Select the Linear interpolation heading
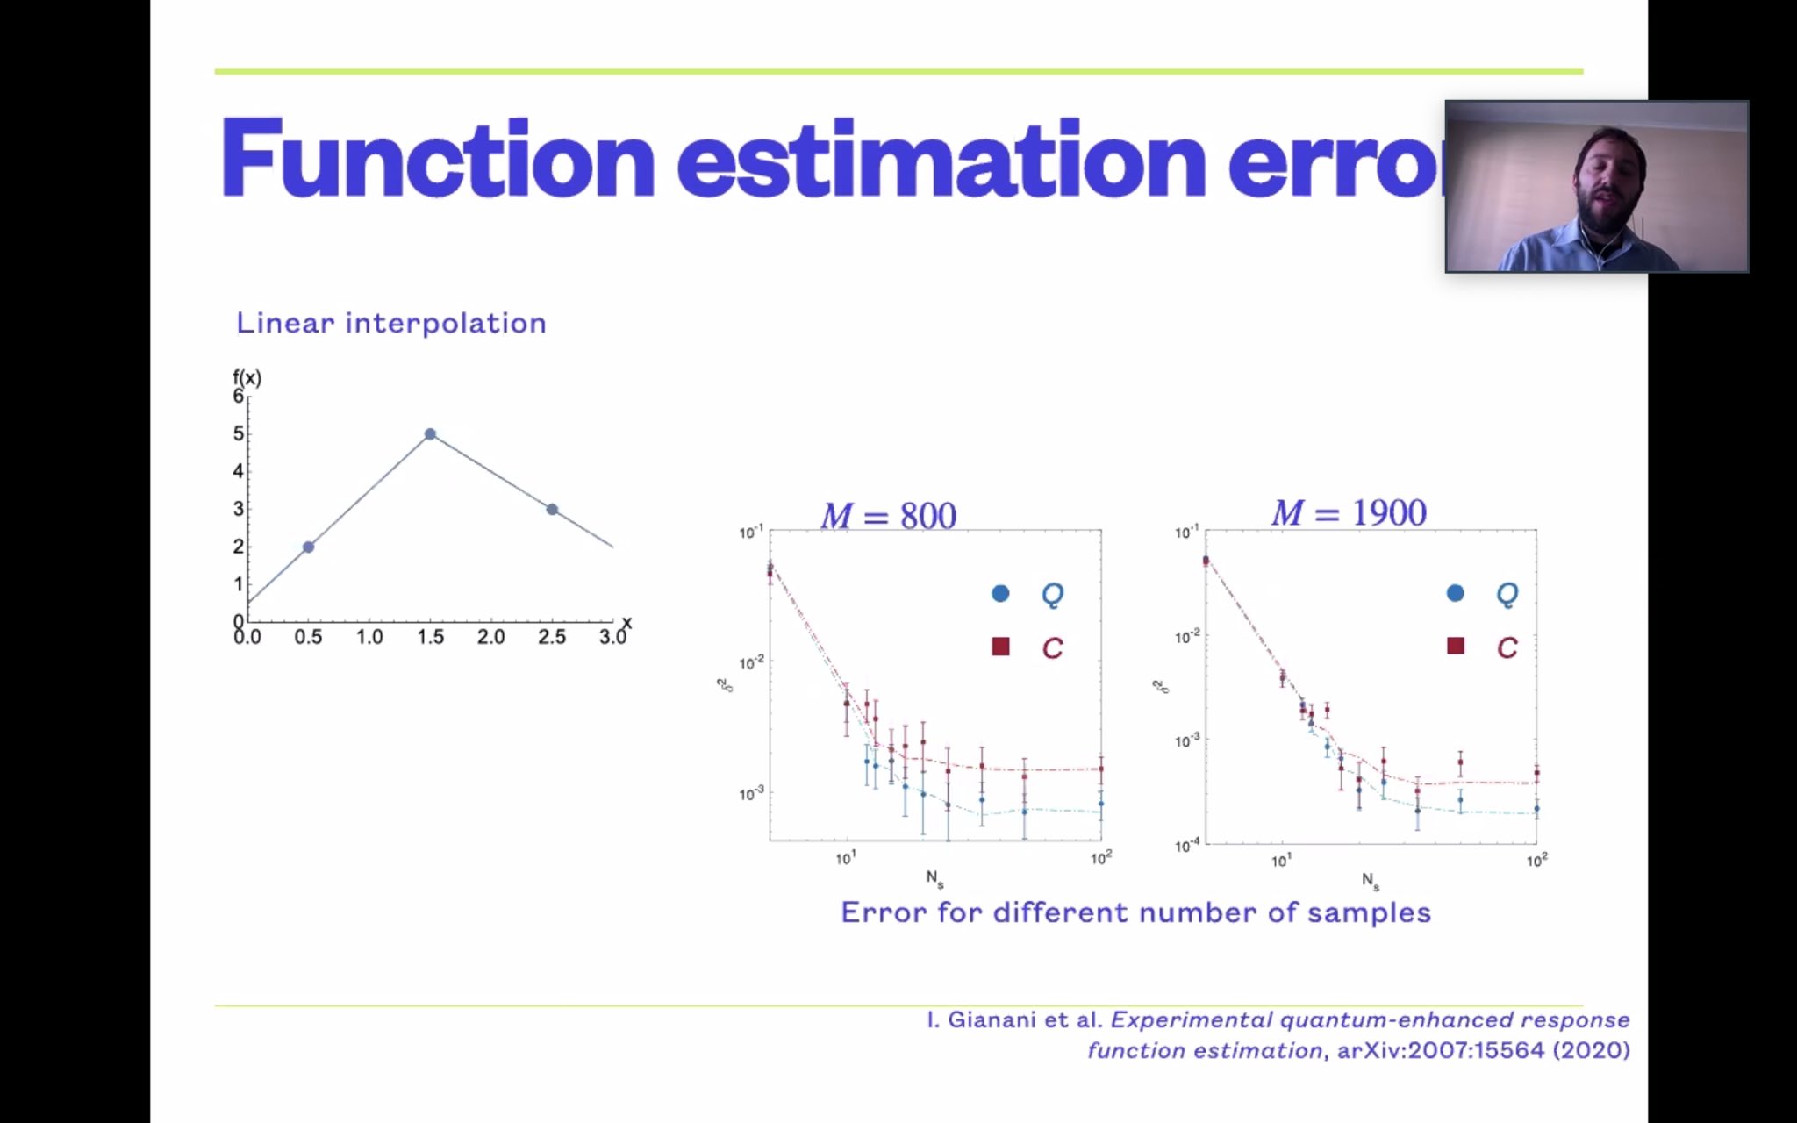[391, 323]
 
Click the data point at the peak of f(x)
[430, 434]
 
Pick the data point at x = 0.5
[309, 547]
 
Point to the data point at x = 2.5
[552, 510]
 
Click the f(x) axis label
[247, 378]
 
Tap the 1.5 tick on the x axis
[430, 637]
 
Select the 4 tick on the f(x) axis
[238, 471]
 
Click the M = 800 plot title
[888, 515]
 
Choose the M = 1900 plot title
[1349, 513]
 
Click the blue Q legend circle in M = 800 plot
[1000, 594]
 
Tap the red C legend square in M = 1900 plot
[1456, 647]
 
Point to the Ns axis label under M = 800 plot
[934, 877]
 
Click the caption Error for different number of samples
[1135, 912]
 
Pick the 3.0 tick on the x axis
[612, 637]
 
